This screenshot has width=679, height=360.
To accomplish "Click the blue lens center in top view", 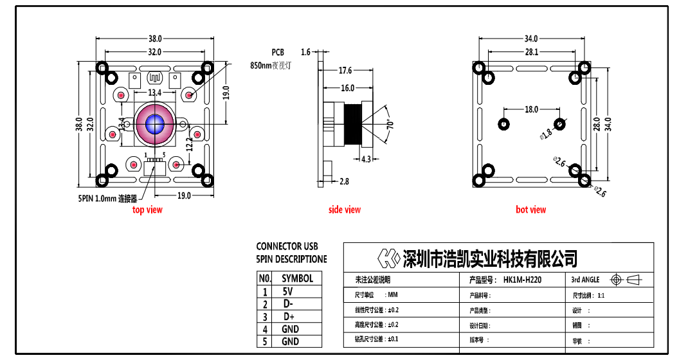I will pos(155,124).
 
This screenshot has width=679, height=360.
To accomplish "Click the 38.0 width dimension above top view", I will pos(155,39).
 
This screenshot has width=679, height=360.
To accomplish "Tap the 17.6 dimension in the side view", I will pos(345,71).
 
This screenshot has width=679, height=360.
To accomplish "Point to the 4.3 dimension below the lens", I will pos(366,159).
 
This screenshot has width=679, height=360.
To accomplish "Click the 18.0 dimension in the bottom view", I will pos(531,109).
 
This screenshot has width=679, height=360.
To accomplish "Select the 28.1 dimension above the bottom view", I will pos(531,52).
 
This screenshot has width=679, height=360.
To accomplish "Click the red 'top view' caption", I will pos(147,210).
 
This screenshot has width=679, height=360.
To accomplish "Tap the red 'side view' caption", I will pos(345,210).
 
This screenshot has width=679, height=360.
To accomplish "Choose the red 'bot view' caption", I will pos(530,210).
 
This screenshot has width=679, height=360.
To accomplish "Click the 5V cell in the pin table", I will pos(287,291).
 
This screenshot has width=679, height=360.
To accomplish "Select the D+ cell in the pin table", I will pos(288,317).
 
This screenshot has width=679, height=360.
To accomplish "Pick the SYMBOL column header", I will pos(297,278).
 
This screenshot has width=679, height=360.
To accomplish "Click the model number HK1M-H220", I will pos(523,280).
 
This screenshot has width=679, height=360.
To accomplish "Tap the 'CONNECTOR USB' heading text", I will pos(287,246).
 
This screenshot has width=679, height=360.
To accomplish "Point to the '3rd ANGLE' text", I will pos(585,280).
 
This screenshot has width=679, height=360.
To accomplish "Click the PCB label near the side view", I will pos(278,52).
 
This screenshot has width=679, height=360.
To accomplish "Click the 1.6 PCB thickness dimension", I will pos(305,52).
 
